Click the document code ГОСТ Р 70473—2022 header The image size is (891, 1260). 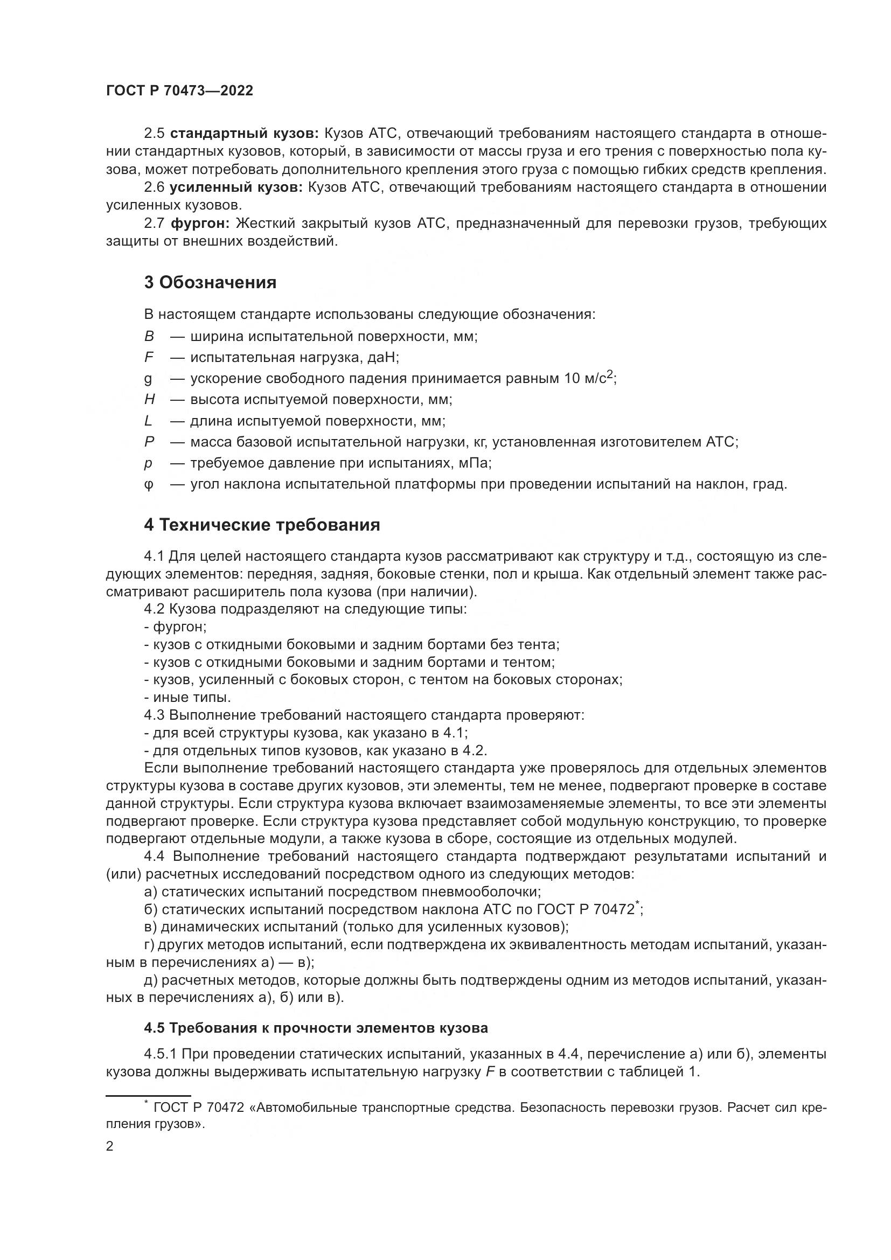(x=179, y=91)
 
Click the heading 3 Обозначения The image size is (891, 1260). (x=210, y=283)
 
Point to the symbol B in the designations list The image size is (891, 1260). (x=149, y=336)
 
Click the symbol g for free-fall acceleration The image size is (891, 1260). (x=148, y=379)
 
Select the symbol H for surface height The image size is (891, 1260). (x=149, y=400)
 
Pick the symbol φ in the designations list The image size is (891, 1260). (x=149, y=485)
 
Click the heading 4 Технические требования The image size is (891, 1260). (x=262, y=525)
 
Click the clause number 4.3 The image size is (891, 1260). (x=155, y=715)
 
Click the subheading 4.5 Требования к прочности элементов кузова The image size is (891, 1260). (x=316, y=1028)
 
